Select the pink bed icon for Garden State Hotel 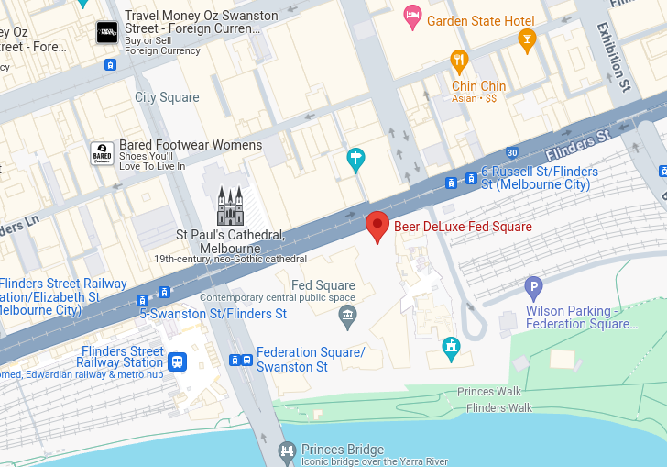point(412,17)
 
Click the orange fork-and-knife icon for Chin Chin point(460,62)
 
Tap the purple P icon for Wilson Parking point(533,289)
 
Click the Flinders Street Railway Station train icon point(177,361)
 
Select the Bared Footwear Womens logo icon point(103,153)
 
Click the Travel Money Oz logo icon point(107,32)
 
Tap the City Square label point(167,97)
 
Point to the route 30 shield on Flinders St point(511,152)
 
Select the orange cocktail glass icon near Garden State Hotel point(526,39)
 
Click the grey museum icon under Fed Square point(347,317)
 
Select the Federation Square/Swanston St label point(310,360)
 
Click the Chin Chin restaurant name point(478,86)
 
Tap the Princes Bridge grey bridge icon point(288,450)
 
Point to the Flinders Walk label point(498,407)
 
